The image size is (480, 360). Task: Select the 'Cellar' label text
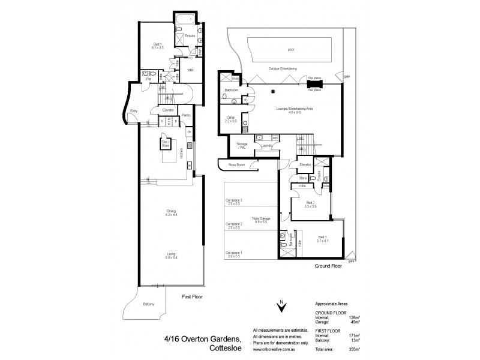(230, 118)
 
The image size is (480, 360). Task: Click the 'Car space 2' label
(234, 226)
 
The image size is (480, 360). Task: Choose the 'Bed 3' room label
(323, 238)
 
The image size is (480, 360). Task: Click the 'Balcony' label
(148, 305)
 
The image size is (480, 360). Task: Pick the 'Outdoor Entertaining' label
(282, 69)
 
